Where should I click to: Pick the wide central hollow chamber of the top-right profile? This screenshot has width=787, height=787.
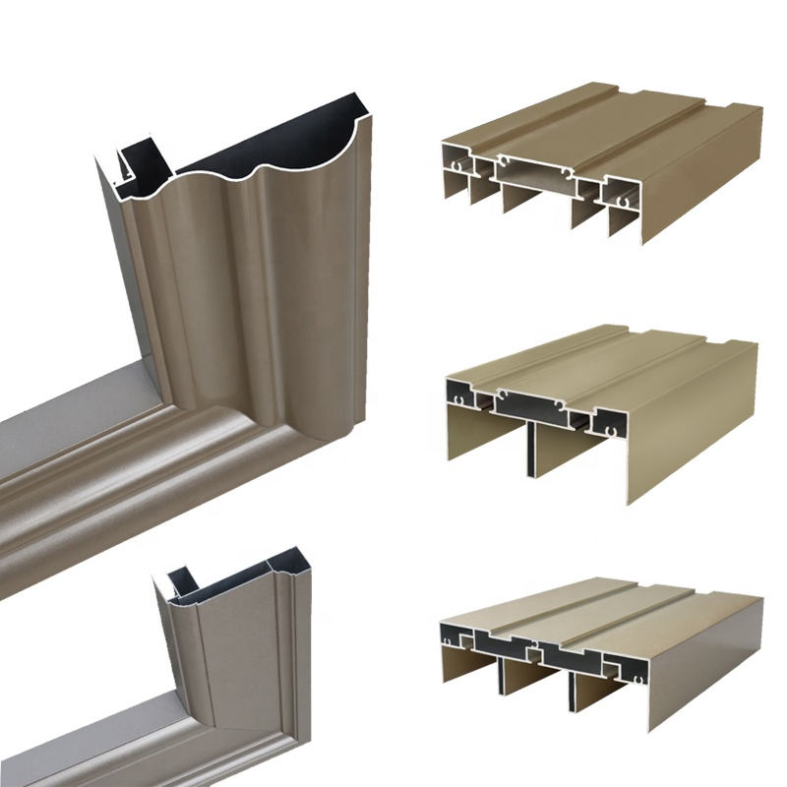[x=536, y=172]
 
